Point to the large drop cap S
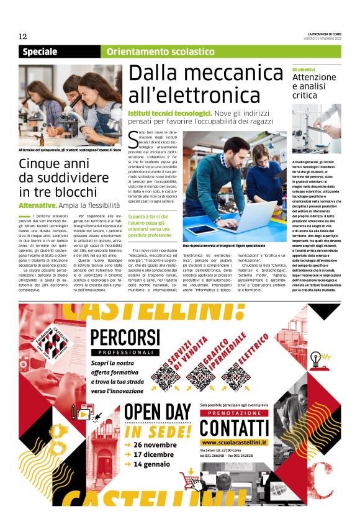pos(133,138)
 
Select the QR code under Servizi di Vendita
pos(164,376)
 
